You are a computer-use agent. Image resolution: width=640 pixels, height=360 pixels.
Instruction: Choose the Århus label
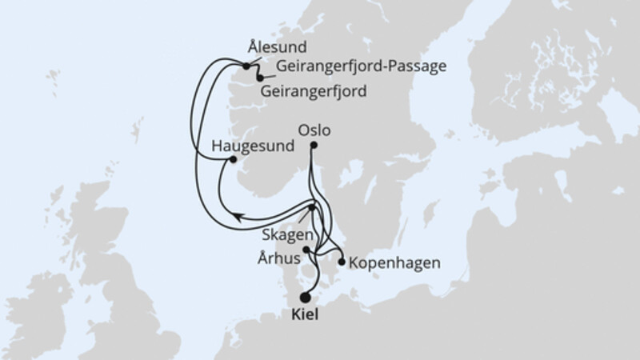click(x=279, y=258)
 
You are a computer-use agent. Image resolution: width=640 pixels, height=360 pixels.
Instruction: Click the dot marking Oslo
click(x=314, y=145)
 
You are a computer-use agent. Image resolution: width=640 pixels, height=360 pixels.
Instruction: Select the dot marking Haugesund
click(x=233, y=159)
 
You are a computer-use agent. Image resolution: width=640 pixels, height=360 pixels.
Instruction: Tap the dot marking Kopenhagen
click(x=342, y=262)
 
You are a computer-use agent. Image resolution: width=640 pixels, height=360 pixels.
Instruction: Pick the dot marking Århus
click(x=307, y=250)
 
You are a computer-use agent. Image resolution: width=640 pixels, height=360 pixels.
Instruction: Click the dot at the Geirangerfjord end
click(x=260, y=77)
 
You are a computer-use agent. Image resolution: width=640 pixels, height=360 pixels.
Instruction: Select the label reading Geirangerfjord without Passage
click(x=314, y=91)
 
